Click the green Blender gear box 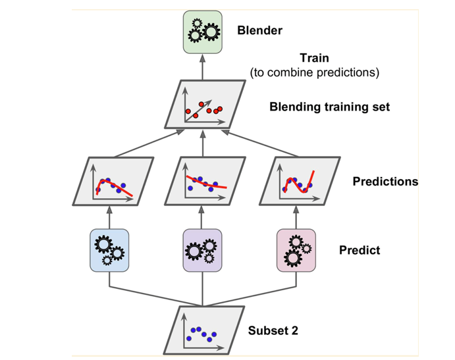(203, 31)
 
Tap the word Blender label (259, 30)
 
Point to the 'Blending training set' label (329, 107)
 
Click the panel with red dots (203, 106)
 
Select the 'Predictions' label (385, 181)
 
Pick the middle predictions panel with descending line (203, 182)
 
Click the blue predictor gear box (109, 250)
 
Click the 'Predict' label (360, 250)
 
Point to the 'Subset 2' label (273, 330)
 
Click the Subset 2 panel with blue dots (202, 330)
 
